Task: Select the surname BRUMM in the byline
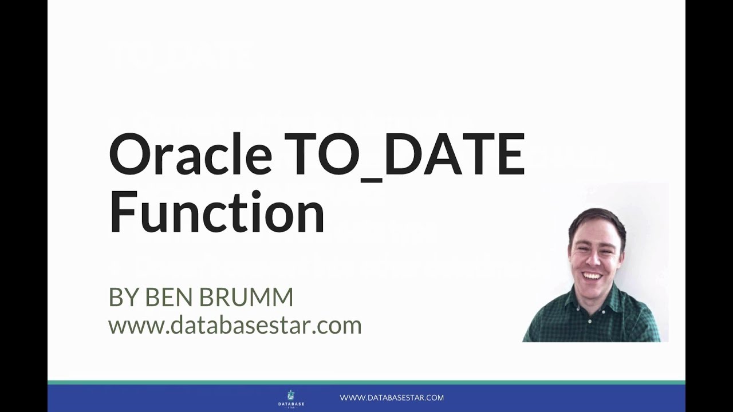click(247, 298)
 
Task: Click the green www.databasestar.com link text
click(235, 326)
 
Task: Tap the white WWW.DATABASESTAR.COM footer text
click(392, 398)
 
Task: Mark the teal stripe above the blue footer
click(366, 382)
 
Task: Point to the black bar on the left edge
click(23, 206)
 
